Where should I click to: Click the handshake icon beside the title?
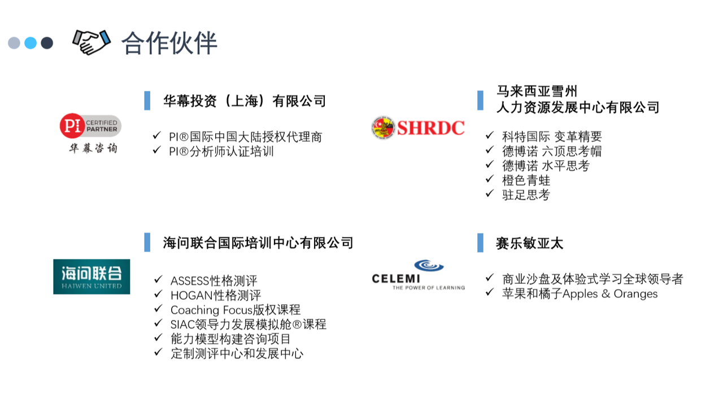coord(92,42)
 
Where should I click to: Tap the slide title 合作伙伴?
coord(169,43)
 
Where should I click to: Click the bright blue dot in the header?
coord(31,43)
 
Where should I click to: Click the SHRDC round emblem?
coord(383,128)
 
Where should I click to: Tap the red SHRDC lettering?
coord(431,128)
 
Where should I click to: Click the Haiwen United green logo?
coord(92,276)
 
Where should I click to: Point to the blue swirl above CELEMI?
coord(429,266)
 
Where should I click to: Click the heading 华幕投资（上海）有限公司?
coord(245,101)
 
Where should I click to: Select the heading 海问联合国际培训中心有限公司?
coord(258,243)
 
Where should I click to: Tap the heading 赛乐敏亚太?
coord(530,243)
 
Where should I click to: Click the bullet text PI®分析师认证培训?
coord(221,152)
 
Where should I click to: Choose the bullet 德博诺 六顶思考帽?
coord(552,151)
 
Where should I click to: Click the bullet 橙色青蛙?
coord(526,180)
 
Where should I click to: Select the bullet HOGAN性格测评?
coord(216,295)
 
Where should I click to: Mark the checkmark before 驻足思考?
coord(490,194)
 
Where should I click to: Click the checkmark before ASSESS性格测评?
coord(158,279)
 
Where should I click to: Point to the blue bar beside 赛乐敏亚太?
coord(480,243)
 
